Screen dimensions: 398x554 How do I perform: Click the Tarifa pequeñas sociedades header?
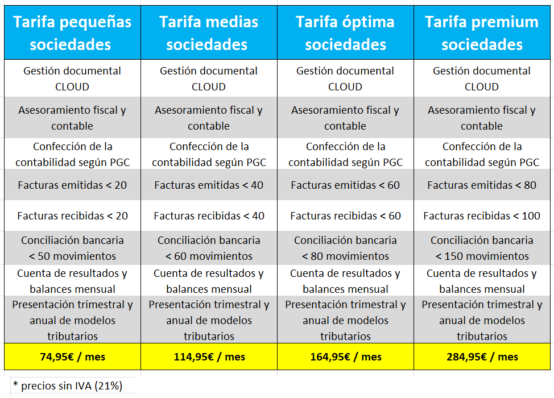72,33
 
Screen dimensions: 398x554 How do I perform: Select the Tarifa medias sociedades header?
209,33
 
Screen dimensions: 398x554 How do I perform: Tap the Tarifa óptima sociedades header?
345,33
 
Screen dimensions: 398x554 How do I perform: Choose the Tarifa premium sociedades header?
482,33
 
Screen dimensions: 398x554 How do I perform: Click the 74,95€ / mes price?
72,357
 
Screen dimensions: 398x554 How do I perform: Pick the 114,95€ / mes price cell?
209,357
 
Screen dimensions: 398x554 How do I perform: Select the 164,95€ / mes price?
345,357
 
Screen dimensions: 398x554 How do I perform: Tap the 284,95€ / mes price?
482,357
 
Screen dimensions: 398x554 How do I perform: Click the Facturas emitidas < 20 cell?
72,185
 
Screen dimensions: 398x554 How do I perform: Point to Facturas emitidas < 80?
482,185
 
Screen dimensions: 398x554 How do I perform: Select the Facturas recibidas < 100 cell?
482,216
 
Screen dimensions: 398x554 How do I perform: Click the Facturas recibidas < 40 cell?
209,216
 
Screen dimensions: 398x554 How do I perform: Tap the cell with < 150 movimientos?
482,248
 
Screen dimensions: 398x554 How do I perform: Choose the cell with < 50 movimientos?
72,248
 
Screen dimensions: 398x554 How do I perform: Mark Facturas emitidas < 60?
345,185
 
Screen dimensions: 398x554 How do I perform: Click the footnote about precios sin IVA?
67,386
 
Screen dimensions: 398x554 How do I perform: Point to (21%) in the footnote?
108,386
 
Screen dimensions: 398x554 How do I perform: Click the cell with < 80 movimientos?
345,248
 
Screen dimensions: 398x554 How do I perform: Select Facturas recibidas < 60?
345,216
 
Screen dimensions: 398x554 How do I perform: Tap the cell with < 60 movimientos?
209,248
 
